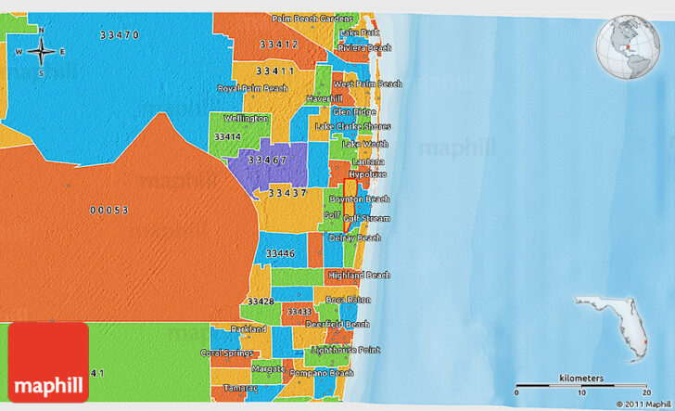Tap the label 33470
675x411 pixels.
120,34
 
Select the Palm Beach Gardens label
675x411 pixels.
312,19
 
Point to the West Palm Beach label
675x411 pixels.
367,83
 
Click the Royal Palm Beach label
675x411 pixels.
252,88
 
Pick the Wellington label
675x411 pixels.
246,119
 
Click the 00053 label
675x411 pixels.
108,211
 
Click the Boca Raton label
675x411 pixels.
348,300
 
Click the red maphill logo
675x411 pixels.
47,362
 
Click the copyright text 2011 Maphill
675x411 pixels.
637,405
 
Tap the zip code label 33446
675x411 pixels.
280,253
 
